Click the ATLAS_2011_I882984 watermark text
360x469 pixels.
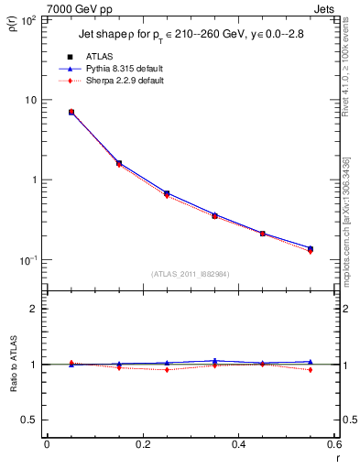(191, 274)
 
